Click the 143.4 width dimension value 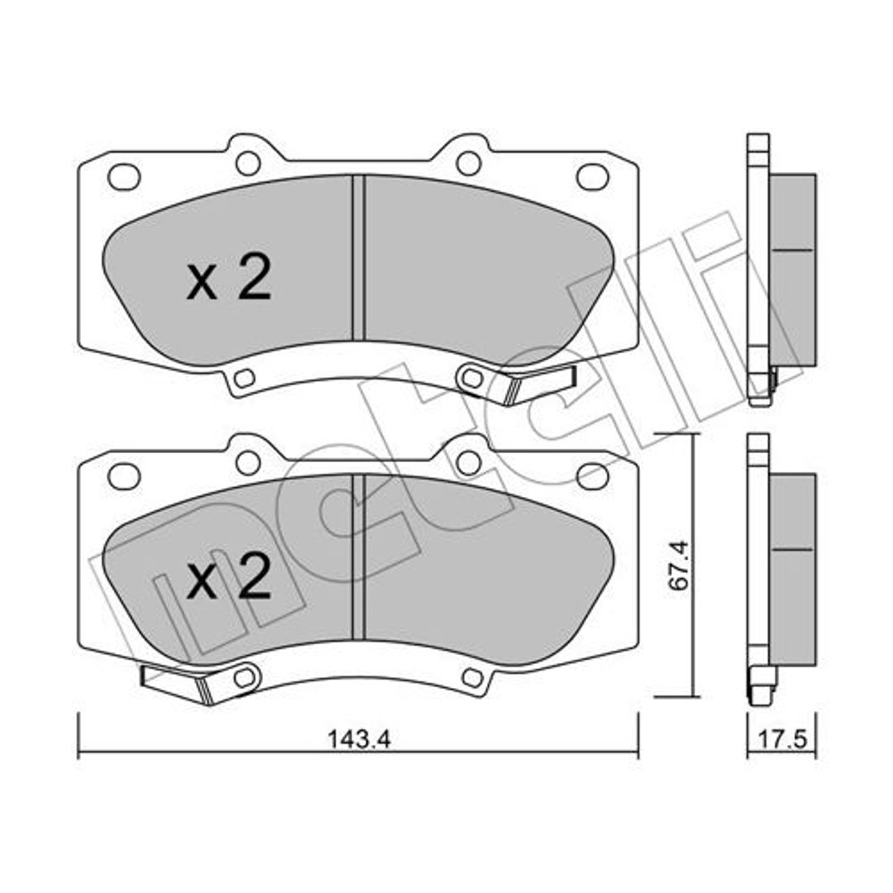(359, 739)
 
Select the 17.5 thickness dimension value (782, 740)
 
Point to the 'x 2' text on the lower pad (229, 576)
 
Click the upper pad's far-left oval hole (123, 177)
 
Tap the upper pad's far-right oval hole (593, 177)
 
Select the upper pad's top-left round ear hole (248, 164)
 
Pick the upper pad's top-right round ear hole (469, 164)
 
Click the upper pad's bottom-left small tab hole (245, 378)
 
